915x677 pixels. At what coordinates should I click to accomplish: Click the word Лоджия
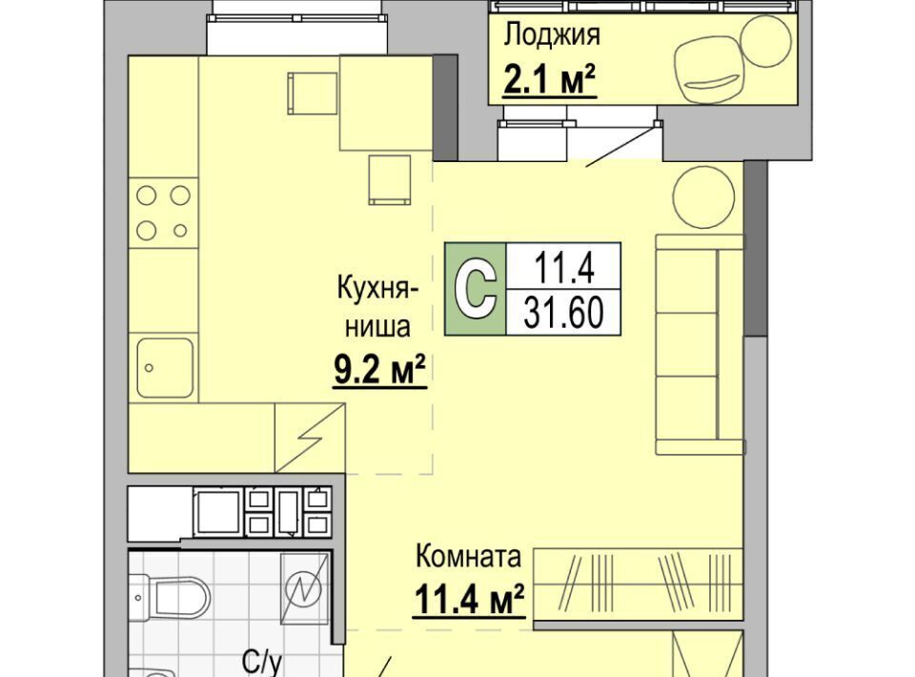(552, 36)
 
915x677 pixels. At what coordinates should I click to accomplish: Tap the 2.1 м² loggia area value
(550, 80)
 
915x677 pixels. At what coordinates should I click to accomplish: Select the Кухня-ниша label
(377, 308)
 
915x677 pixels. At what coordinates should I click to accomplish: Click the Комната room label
(468, 556)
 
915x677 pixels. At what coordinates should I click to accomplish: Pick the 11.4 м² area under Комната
(469, 599)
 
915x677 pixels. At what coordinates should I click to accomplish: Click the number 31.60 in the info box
(563, 313)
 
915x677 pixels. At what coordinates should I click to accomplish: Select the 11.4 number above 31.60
(563, 268)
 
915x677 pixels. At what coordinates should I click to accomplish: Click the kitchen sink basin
(165, 368)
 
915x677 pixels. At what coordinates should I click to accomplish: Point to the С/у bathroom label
(262, 665)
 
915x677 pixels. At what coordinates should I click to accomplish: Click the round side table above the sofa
(703, 196)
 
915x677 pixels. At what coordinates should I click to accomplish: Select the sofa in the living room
(700, 344)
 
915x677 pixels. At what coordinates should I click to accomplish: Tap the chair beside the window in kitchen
(313, 93)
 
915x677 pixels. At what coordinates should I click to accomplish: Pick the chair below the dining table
(389, 180)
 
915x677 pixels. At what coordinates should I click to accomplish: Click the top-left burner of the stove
(146, 195)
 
